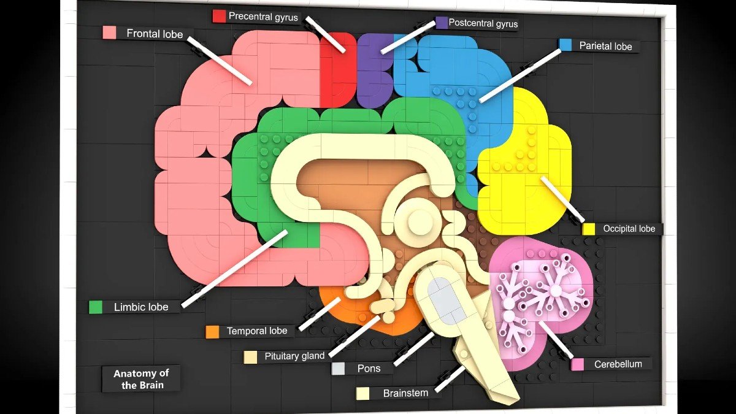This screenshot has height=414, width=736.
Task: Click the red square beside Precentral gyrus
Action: [x=219, y=16]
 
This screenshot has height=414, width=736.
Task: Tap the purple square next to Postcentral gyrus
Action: [x=442, y=23]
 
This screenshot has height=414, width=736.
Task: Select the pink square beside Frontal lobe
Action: [x=109, y=33]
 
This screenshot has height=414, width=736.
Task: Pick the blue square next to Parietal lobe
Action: [x=565, y=45]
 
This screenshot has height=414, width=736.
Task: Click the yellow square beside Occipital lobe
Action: [x=588, y=229]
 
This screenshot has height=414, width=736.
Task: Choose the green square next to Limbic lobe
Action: [x=96, y=307]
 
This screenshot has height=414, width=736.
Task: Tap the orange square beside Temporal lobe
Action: [x=212, y=332]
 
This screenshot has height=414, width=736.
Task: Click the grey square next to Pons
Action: [x=338, y=369]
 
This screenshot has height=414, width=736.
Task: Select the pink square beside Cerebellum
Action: [x=577, y=364]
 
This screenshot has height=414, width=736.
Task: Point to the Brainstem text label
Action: [x=405, y=393]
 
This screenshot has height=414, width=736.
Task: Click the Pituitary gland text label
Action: [x=294, y=356]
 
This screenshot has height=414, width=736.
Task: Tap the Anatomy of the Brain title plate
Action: [x=141, y=379]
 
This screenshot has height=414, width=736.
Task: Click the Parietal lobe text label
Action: [x=605, y=46]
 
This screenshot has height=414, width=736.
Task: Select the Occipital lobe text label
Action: [x=629, y=229]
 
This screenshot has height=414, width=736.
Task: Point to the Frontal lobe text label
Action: [x=155, y=34]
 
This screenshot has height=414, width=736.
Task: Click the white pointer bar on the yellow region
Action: [x=562, y=199]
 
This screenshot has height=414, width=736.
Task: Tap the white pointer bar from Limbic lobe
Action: [x=234, y=269]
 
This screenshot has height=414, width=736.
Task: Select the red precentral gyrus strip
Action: [x=337, y=70]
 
